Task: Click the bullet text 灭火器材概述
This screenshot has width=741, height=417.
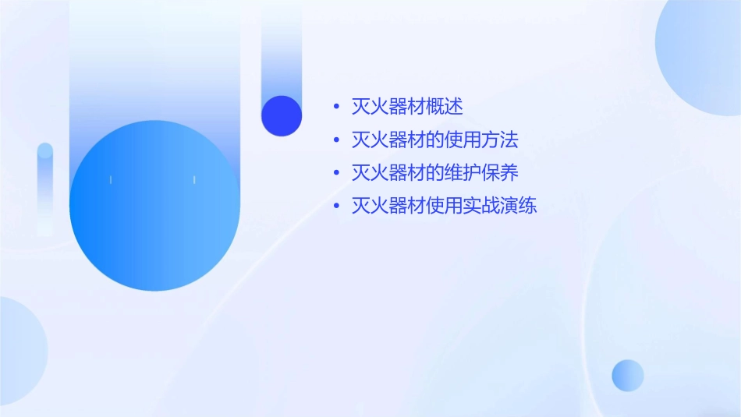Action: (407, 107)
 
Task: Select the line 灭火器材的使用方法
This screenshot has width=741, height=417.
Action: (434, 140)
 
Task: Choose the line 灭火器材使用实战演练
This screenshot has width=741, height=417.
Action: (444, 207)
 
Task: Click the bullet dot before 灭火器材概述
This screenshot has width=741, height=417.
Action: (336, 108)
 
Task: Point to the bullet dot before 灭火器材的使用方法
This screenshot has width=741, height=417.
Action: (336, 140)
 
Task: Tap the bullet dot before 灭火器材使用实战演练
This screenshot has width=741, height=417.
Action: (336, 207)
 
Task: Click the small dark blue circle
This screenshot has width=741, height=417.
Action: (282, 115)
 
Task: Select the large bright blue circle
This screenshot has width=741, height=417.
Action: (154, 206)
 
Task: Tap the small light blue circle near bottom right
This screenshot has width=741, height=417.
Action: (628, 375)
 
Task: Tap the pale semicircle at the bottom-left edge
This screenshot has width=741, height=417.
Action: (19, 351)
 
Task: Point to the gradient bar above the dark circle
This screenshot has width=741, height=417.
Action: (281, 55)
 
